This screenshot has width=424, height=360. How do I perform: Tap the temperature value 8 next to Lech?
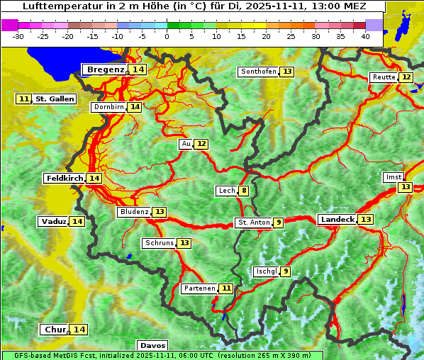244,191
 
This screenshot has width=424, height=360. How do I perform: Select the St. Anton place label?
254,223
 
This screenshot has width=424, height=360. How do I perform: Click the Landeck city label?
337,220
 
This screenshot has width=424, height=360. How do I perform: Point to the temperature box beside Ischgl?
285,271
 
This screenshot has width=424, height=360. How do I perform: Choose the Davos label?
152,345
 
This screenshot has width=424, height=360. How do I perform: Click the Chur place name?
55,330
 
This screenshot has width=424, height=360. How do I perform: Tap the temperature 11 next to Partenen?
225,288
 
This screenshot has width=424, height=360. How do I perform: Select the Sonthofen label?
258,72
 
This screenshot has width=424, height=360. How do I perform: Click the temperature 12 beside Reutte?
406,77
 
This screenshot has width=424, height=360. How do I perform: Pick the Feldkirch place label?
65,178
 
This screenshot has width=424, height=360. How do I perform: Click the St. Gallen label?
55,99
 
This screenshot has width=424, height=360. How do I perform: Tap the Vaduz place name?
54,221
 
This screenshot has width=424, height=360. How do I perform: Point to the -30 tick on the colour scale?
18,35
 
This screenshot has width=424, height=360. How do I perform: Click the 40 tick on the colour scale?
365,35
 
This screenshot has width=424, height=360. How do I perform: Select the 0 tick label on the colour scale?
167,35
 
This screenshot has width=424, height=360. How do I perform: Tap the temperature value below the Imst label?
405,187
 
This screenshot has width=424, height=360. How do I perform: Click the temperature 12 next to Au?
202,144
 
